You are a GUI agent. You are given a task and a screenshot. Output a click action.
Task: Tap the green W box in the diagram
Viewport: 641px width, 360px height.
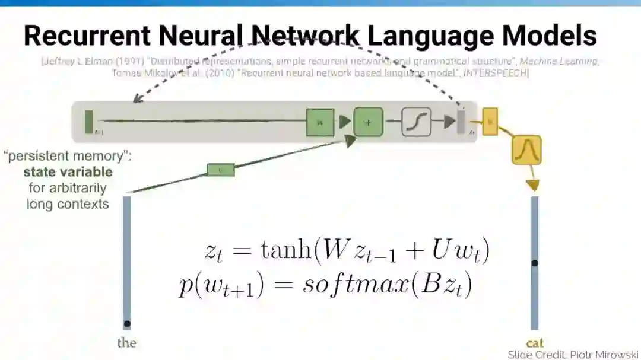pyautogui.click(x=320, y=123)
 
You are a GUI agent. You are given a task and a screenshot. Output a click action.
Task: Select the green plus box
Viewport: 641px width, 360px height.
pyautogui.click(x=368, y=122)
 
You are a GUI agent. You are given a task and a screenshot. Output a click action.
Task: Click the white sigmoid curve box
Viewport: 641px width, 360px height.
pyautogui.click(x=416, y=122)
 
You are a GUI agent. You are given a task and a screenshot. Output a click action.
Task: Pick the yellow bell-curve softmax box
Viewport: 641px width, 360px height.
pyautogui.click(x=526, y=150)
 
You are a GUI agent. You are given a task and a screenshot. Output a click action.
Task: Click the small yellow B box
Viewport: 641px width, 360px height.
pyautogui.click(x=490, y=121)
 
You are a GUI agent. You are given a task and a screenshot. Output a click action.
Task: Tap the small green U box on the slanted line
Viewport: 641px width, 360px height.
pyautogui.click(x=220, y=170)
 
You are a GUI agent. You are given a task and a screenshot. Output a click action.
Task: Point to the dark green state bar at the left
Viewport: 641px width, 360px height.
pyautogui.click(x=89, y=122)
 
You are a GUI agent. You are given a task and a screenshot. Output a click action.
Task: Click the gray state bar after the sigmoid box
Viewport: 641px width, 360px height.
pyautogui.click(x=461, y=122)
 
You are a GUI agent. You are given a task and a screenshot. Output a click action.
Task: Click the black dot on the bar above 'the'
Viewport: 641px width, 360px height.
pyautogui.click(x=126, y=324)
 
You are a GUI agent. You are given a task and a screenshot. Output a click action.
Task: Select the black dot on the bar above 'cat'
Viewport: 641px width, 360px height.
pyautogui.click(x=534, y=263)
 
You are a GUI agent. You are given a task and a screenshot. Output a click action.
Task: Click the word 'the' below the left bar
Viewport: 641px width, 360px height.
pyautogui.click(x=126, y=343)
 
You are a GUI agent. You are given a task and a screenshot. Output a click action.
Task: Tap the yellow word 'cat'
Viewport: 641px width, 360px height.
pyautogui.click(x=535, y=343)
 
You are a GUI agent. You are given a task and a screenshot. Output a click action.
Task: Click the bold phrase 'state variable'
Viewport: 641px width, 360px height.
pyautogui.click(x=68, y=173)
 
